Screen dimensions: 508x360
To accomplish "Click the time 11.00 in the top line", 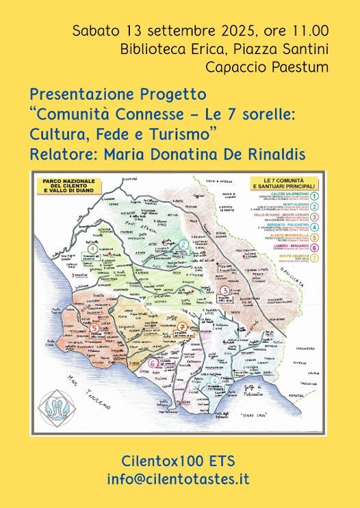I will click(309, 30).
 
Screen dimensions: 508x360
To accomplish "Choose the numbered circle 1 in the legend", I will click(313, 195).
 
